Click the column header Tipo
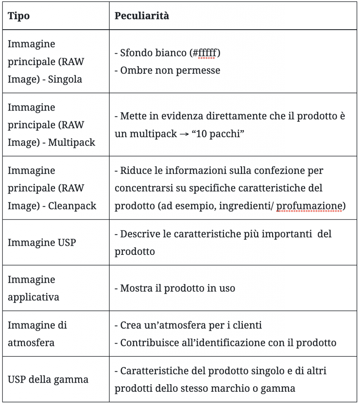[19, 16]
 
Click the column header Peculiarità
[142, 16]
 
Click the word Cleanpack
[72, 206]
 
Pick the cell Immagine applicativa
[33, 288]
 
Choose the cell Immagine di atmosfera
[37, 334]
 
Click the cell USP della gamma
[48, 380]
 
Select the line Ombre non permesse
[167, 71]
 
